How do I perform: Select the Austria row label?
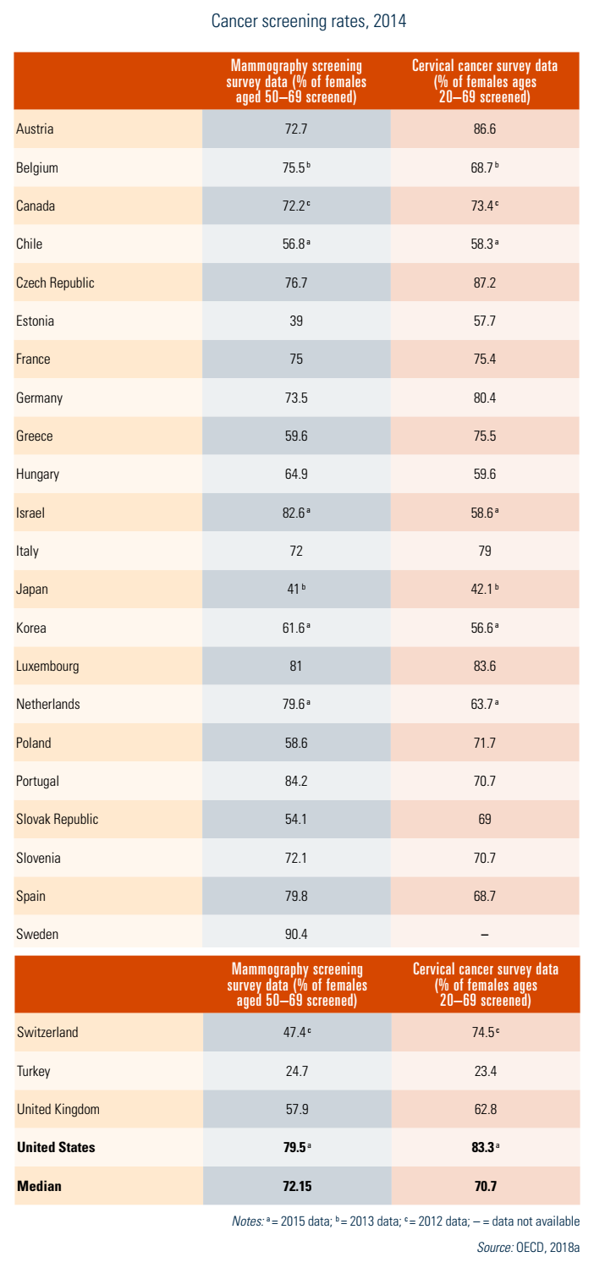(x=35, y=129)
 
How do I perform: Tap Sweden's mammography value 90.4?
(x=296, y=935)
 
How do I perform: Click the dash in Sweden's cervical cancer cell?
(x=485, y=935)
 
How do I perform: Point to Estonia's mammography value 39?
(x=296, y=321)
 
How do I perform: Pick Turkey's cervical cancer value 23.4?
(x=485, y=1071)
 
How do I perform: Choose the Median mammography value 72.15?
(x=296, y=1186)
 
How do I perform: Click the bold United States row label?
(x=56, y=1148)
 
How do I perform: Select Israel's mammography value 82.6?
(x=294, y=513)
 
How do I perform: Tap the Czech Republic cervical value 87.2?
(x=485, y=283)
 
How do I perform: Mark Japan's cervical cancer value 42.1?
(x=483, y=590)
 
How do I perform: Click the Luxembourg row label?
(x=47, y=666)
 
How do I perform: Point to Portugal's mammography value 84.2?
(x=296, y=781)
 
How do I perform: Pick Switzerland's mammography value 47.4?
(x=294, y=1032)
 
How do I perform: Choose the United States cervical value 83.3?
(x=483, y=1148)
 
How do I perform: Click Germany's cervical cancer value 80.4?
(x=485, y=398)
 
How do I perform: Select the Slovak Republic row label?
(x=58, y=819)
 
